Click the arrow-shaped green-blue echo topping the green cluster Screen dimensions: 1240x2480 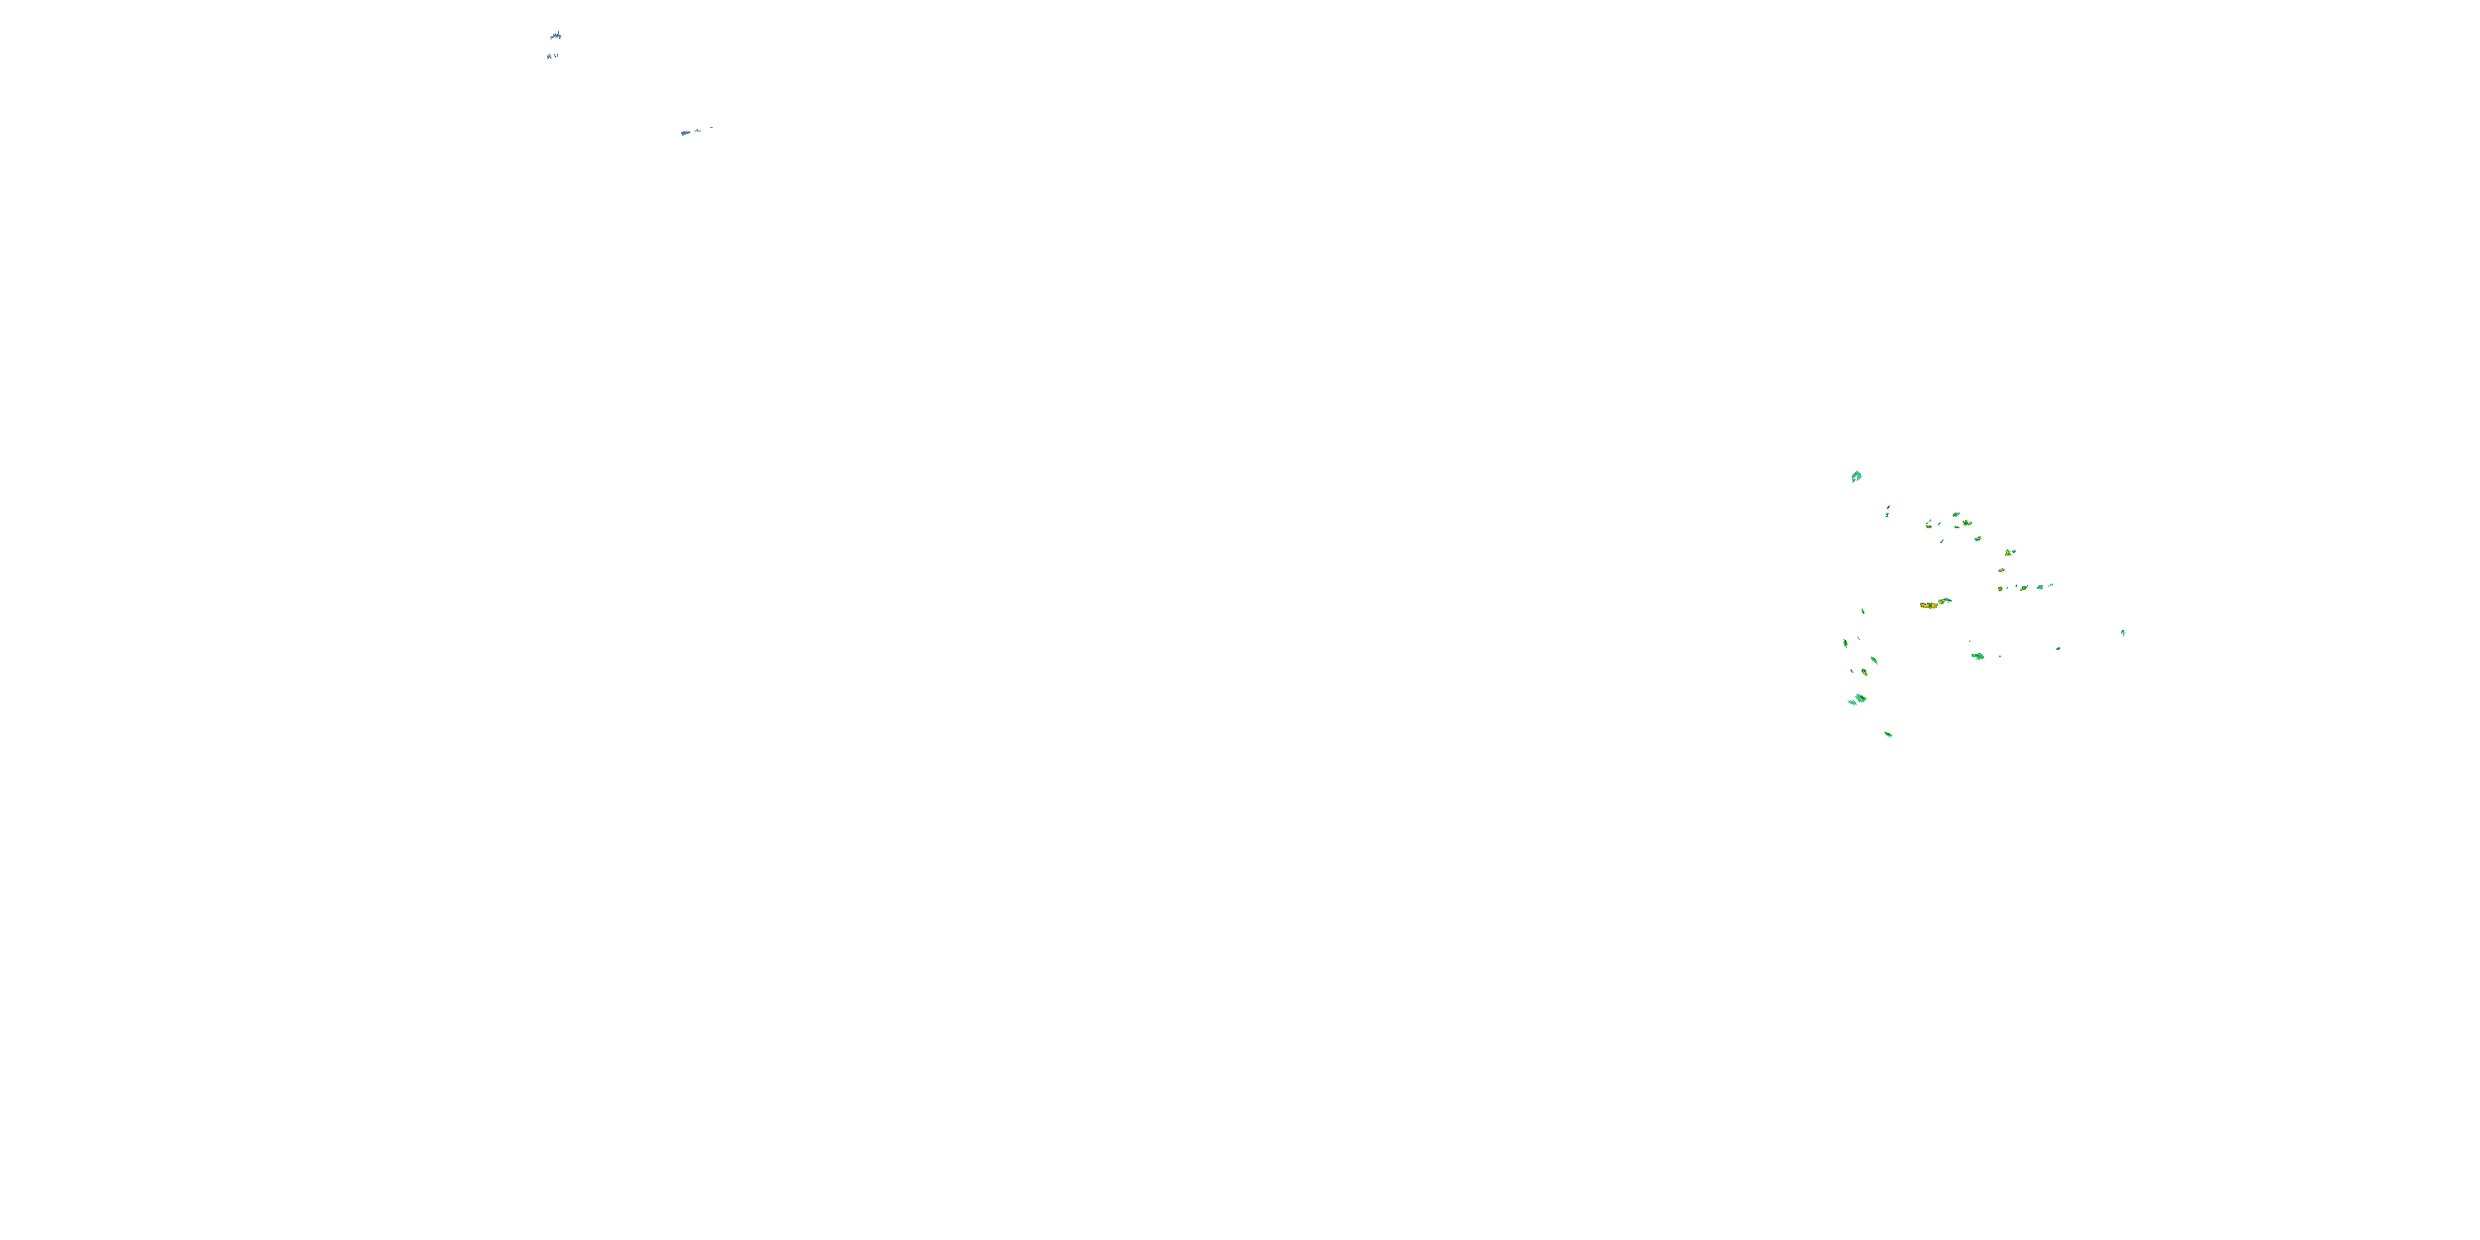(x=1856, y=475)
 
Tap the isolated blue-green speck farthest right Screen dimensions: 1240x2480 (x=2123, y=632)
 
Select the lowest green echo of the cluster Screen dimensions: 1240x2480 (x=1888, y=735)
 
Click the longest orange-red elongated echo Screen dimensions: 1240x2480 (x=1929, y=604)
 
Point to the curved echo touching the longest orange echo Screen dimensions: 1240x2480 (x=1944, y=600)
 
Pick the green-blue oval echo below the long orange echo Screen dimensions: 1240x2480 (x=1977, y=656)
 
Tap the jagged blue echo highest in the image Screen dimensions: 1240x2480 (x=556, y=36)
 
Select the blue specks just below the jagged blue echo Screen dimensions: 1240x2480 (x=551, y=56)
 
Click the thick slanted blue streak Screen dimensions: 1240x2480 (x=685, y=132)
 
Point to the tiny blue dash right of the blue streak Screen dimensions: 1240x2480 (x=710, y=127)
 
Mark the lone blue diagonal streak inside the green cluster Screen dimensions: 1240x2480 (x=1942, y=541)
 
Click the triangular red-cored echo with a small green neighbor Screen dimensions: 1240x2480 (x=2010, y=552)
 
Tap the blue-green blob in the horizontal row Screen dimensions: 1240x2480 (x=2039, y=586)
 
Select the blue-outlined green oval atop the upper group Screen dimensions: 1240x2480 (x=1955, y=514)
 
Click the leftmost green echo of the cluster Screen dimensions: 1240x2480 (x=1846, y=643)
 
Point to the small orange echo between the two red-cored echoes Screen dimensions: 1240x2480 (x=2001, y=570)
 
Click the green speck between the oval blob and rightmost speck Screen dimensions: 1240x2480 (x=2058, y=648)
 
